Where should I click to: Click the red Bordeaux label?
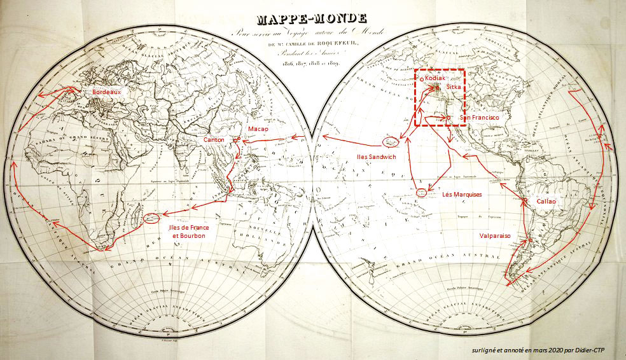pyautogui.click(x=106, y=92)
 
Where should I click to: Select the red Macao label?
pyautogui.click(x=258, y=129)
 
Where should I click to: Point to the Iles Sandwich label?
pyautogui.click(x=375, y=156)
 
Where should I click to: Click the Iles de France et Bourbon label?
pyautogui.click(x=186, y=232)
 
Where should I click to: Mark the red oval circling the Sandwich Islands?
pyautogui.click(x=389, y=142)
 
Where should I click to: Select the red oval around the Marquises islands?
pyautogui.click(x=421, y=191)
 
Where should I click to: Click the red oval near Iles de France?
pyautogui.click(x=152, y=219)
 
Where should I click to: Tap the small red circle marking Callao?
pyautogui.click(x=524, y=202)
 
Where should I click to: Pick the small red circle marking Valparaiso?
pyautogui.click(x=527, y=240)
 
